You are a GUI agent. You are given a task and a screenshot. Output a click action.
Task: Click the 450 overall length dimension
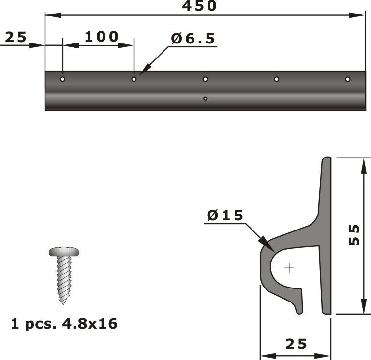199,6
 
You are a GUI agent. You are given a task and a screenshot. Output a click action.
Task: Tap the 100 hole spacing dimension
101,37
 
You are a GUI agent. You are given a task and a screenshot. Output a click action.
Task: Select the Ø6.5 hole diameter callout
193,39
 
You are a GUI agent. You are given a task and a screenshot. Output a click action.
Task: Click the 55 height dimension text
355,235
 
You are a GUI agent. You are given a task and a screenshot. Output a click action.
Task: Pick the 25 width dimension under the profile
296,344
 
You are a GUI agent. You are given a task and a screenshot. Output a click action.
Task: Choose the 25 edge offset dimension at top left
15,37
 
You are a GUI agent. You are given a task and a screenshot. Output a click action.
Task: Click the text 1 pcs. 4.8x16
64,324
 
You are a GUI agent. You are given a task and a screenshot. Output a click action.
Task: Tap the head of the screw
64,252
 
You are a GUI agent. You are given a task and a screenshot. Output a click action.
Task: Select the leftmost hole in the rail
62,79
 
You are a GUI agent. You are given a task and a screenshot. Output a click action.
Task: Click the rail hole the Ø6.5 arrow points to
134,79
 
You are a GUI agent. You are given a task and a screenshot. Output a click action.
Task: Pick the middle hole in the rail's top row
205,79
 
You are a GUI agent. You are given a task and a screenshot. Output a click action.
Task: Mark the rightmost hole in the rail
347,79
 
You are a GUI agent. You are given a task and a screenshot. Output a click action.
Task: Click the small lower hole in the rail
205,99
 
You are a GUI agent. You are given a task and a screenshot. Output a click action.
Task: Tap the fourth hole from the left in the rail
276,79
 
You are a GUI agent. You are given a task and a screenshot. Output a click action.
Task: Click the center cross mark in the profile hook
289,268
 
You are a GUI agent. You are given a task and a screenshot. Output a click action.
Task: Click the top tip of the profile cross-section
326,158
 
